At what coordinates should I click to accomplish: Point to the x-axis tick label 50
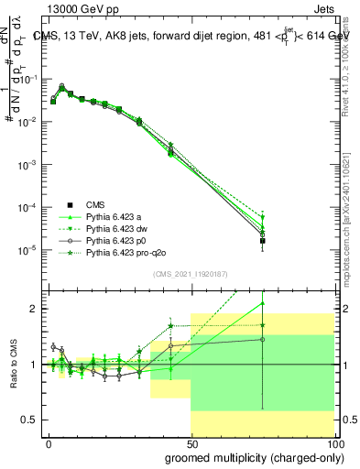pos(191,443)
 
